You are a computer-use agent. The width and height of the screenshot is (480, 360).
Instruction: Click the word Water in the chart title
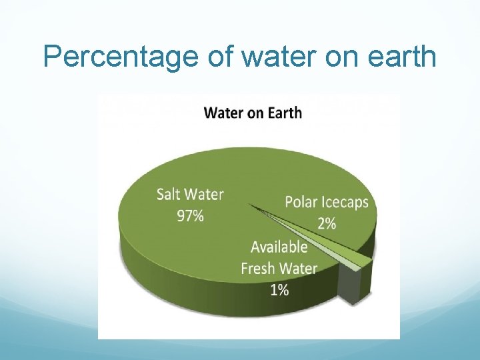(x=224, y=112)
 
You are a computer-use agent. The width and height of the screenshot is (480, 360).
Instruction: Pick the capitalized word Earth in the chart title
(x=284, y=112)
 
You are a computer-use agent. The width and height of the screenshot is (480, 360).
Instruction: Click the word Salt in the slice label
(x=169, y=194)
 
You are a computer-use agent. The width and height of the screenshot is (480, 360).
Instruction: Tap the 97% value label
(x=190, y=217)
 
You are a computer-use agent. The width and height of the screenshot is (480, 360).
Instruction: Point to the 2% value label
(x=327, y=223)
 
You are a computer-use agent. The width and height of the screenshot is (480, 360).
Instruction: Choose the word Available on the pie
(x=279, y=247)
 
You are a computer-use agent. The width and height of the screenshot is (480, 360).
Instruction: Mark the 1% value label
(x=279, y=290)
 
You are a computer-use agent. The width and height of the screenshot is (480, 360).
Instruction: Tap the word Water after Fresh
(x=299, y=269)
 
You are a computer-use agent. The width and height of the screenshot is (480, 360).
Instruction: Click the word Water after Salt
(x=205, y=194)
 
